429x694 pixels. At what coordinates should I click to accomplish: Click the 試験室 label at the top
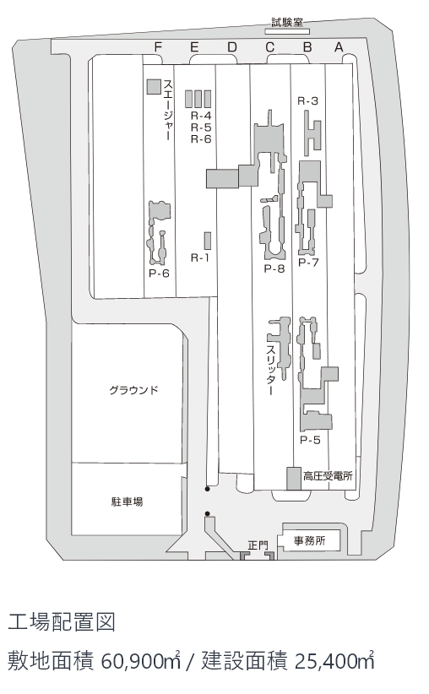pos(287,22)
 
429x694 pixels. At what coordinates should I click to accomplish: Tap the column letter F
pos(158,47)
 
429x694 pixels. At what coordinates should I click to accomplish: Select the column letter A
pos(339,47)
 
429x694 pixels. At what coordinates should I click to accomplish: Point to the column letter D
pos(232,47)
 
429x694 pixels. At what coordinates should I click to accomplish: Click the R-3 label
pos(307,101)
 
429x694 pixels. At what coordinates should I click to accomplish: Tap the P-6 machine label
pos(159,273)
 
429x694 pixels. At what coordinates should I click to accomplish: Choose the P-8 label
pos(274,268)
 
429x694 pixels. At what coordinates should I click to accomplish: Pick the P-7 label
pos(308,262)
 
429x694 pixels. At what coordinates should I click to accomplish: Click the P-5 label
pos(310,440)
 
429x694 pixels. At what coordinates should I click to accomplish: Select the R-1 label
pos(199,258)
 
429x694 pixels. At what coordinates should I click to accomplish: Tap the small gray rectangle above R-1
pos(207,241)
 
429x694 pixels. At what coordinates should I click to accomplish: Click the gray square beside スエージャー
pos(154,87)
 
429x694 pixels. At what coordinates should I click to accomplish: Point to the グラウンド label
pos(133,390)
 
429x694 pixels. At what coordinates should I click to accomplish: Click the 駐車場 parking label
pos(127,502)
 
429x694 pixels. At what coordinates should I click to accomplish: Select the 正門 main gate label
pos(258,545)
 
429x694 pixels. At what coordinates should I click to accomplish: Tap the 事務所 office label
pos(310,540)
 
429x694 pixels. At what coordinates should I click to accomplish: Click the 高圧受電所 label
pos(328,476)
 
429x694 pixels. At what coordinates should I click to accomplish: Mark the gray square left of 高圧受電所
pos(294,479)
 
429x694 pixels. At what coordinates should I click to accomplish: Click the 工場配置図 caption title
pos(62,622)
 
